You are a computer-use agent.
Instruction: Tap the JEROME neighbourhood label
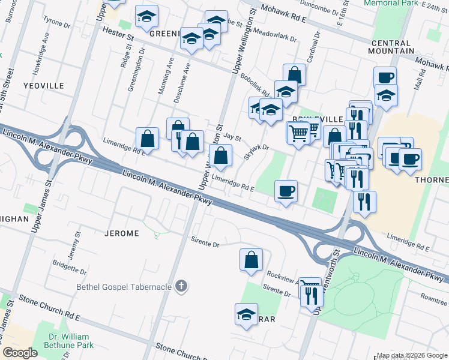(122, 233)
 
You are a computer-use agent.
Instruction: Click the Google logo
(20, 353)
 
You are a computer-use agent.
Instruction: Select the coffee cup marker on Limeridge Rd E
(286, 191)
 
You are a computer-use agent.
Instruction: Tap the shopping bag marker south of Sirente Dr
(251, 260)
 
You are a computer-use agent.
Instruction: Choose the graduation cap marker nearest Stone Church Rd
(246, 314)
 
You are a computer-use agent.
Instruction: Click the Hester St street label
(118, 34)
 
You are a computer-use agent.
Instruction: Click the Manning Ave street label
(170, 71)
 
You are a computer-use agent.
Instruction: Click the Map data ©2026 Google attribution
(411, 355)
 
